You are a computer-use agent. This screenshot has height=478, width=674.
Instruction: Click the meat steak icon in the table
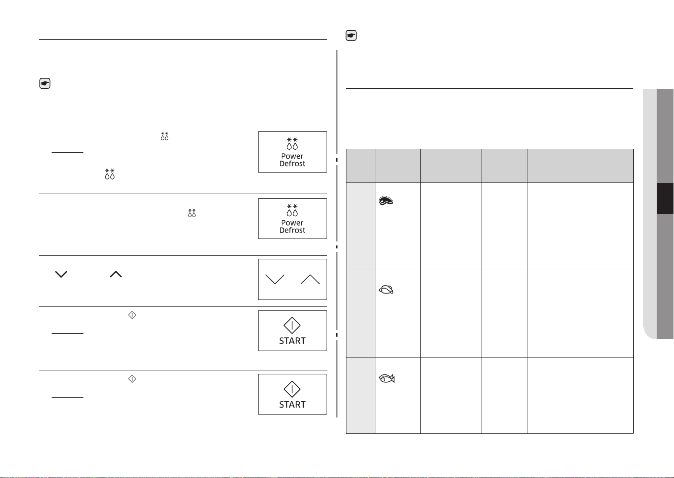tap(386, 200)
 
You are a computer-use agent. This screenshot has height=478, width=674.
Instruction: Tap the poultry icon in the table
tap(386, 290)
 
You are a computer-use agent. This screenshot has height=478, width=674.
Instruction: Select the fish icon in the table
tap(387, 378)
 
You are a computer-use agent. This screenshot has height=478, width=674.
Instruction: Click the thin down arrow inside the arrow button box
tap(275, 279)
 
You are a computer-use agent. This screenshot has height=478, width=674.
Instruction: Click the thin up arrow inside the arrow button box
tap(310, 279)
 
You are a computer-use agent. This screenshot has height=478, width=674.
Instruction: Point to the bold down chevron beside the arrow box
tap(61, 274)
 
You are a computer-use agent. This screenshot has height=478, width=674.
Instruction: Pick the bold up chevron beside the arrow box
tap(116, 274)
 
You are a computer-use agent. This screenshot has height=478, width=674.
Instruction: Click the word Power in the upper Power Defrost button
tap(292, 156)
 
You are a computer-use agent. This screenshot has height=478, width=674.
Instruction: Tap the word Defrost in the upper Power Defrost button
tap(292, 164)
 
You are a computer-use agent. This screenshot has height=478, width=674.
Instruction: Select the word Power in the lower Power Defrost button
tap(292, 223)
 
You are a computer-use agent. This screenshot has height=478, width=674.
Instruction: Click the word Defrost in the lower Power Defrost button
tap(292, 230)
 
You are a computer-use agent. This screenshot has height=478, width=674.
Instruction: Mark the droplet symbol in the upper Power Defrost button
tap(292, 144)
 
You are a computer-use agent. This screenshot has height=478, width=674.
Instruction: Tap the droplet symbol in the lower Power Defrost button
tap(292, 210)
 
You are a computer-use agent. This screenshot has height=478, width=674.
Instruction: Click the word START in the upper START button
tap(292, 341)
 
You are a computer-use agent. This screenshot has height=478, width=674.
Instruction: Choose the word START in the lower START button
tap(292, 405)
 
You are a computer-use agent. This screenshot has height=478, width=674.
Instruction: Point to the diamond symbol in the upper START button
tap(292, 325)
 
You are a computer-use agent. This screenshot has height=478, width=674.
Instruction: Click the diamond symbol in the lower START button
tap(292, 389)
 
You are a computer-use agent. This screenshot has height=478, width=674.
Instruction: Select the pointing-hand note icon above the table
tap(351, 36)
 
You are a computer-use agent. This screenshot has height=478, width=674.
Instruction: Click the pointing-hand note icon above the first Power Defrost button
tap(45, 83)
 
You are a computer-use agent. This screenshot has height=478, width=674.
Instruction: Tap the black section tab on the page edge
tap(665, 198)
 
